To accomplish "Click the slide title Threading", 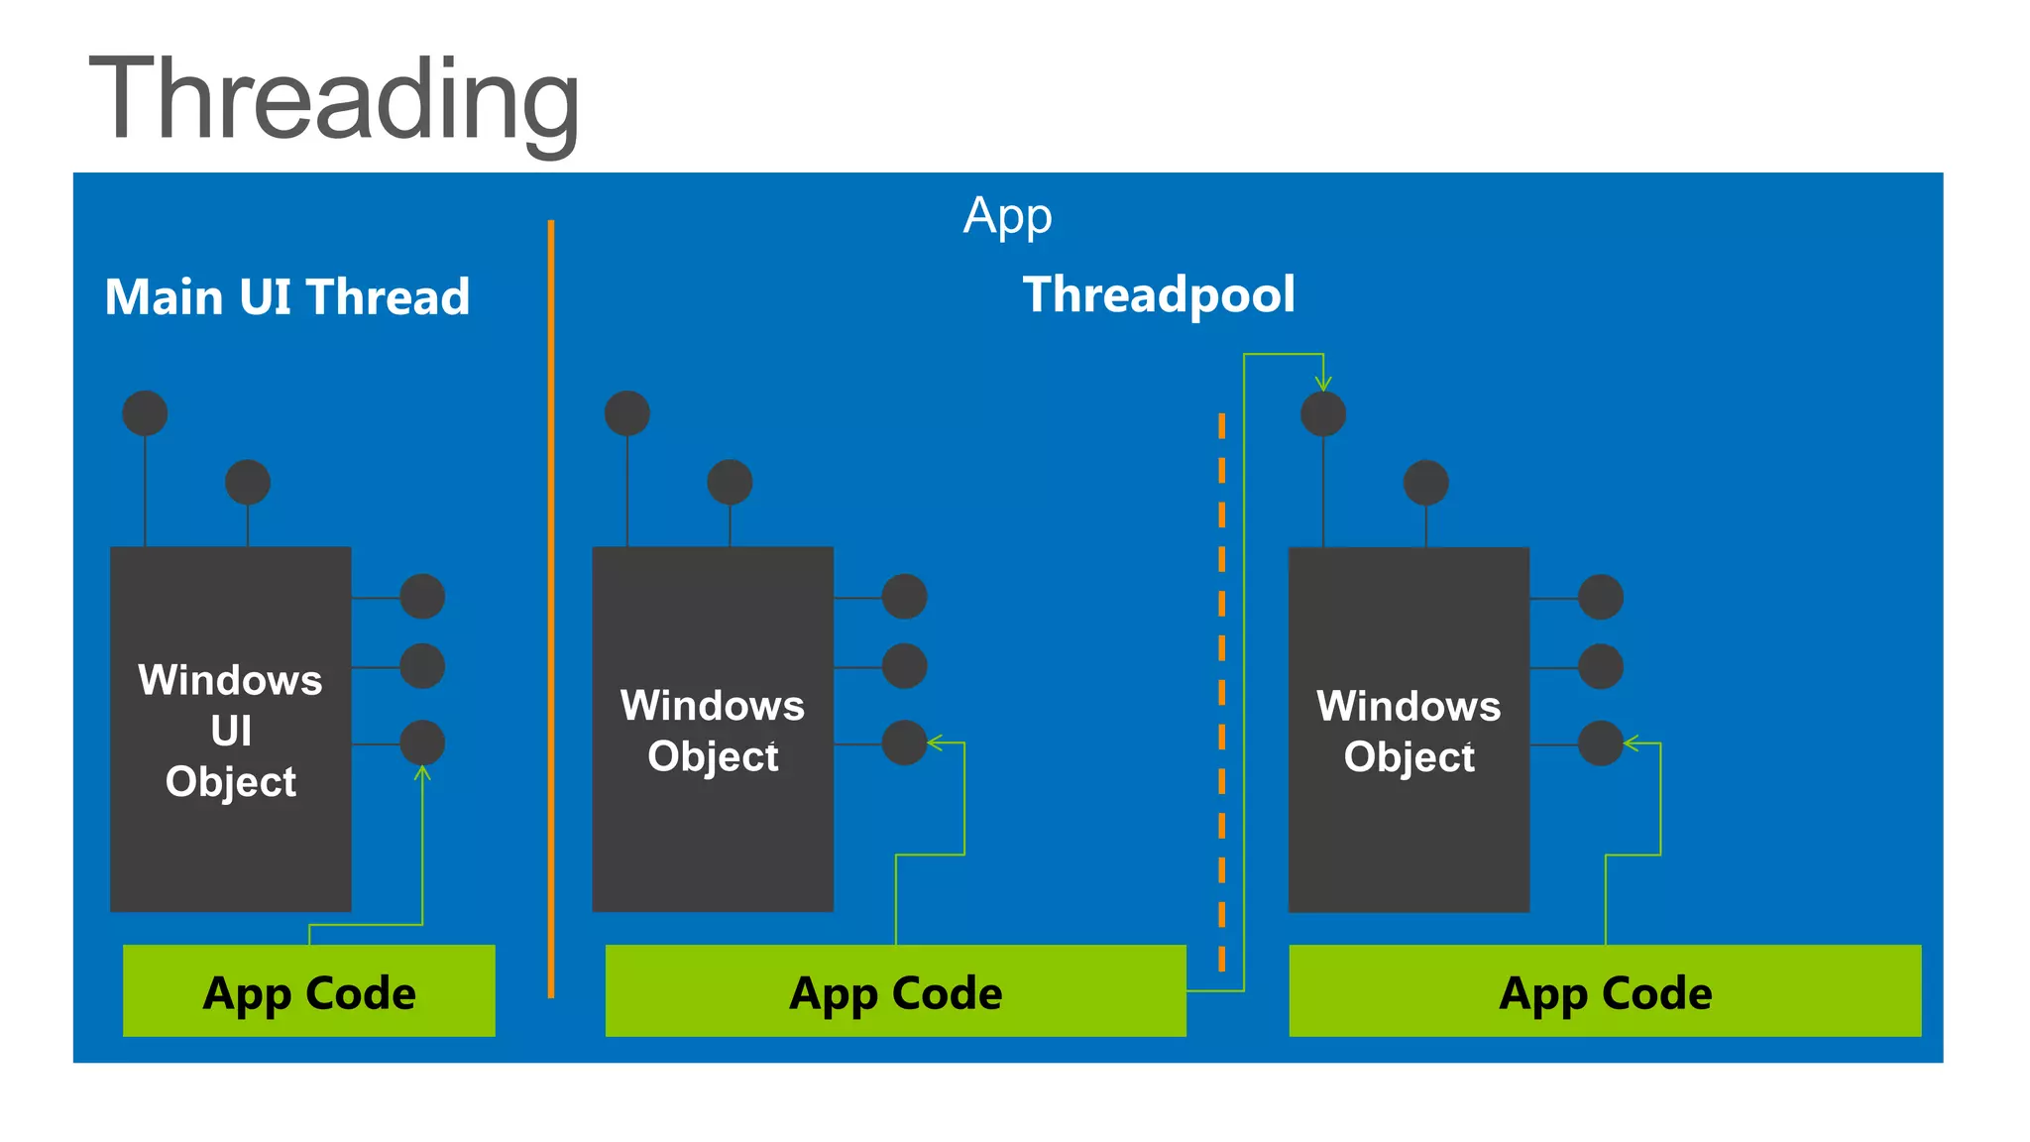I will (334, 101).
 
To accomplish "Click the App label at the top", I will (1007, 215).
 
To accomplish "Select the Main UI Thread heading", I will (287, 296).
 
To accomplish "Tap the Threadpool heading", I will (1159, 294).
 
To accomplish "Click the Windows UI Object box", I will (230, 729).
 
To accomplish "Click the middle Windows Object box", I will (712, 729).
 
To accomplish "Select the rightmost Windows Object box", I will (1408, 729).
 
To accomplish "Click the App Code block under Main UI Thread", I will (308, 990).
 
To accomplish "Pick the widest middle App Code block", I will (895, 990).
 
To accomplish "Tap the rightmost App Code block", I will (1604, 990).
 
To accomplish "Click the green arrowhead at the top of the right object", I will (1323, 384).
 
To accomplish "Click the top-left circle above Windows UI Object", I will (145, 413).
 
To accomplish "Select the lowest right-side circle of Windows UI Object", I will (422, 742).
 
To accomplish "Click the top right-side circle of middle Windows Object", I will (904, 597).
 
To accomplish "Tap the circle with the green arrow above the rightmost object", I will (1323, 414).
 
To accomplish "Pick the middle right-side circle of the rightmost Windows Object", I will (1600, 666).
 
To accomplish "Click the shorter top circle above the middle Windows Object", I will (730, 483).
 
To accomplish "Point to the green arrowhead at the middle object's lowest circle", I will (934, 742).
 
